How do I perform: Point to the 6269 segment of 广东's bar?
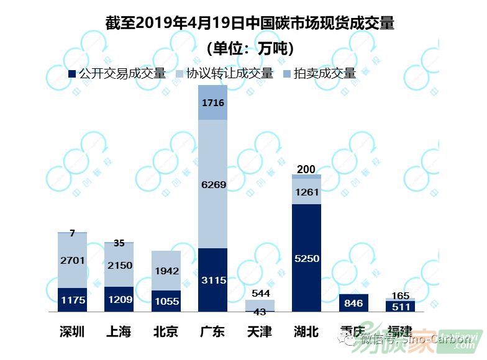click(212, 184)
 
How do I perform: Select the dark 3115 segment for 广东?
click(212, 280)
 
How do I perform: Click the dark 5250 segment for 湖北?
click(306, 258)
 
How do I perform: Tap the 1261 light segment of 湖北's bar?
click(306, 192)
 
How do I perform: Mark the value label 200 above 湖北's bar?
click(306, 169)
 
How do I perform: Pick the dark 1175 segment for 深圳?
click(73, 300)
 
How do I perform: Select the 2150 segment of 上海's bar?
click(119, 265)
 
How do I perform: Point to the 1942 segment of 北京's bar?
click(166, 271)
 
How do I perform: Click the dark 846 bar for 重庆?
click(353, 303)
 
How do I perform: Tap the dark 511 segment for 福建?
click(400, 306)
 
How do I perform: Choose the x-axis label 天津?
click(259, 331)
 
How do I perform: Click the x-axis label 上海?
click(119, 331)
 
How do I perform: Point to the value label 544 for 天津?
click(260, 293)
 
